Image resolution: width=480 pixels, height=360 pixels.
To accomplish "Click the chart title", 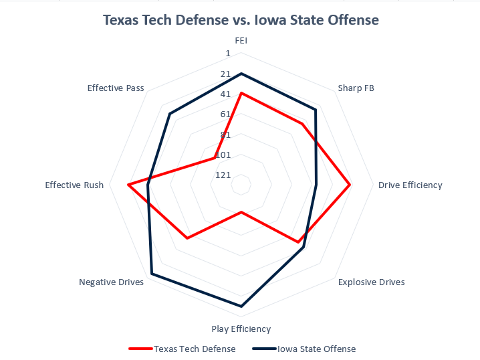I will point(241,20).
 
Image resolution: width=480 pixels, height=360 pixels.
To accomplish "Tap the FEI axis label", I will point(241,40).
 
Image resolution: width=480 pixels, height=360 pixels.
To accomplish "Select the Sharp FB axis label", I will point(356,88).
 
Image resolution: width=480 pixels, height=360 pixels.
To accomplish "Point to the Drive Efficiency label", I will point(410,185).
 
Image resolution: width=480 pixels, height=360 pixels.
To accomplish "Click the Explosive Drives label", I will point(371,282).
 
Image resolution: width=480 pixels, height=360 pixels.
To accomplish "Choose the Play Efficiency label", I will point(241,329).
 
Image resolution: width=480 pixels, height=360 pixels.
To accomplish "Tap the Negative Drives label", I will point(111,282).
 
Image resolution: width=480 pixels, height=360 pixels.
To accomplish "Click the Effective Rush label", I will point(74,185).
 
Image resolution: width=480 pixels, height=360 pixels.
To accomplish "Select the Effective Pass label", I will point(116,88).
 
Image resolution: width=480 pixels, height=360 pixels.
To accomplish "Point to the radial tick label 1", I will point(227,54).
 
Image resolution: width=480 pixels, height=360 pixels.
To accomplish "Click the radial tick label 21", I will point(225,74).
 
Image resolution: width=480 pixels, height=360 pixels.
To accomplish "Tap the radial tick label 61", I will point(225,114).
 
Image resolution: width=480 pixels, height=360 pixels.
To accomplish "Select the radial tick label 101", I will point(223,155).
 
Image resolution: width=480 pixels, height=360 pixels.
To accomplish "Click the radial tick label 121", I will point(223,175).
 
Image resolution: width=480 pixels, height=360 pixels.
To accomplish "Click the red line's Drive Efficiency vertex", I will point(350,185).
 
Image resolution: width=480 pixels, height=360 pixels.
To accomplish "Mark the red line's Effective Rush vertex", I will point(128,185).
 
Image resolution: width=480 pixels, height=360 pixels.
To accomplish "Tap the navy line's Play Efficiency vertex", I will point(241,306).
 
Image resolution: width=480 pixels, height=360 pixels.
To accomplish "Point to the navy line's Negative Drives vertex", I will point(152,274).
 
